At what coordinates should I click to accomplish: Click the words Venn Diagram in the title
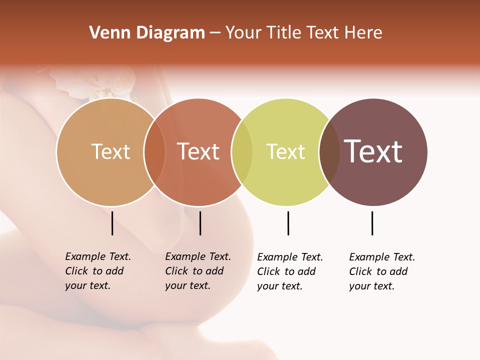point(147,33)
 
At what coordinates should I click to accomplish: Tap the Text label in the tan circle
point(110,151)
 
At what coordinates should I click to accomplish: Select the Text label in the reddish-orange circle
point(198,151)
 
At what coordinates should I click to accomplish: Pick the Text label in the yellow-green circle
point(285,151)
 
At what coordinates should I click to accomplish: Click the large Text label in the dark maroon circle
point(373,151)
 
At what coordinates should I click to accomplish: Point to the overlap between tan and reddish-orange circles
point(154,152)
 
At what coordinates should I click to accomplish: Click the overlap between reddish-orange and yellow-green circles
point(242,152)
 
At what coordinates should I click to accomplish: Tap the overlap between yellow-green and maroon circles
point(329,152)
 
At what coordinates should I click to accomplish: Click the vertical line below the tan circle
point(112,223)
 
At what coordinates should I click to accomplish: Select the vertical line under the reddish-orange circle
point(200,223)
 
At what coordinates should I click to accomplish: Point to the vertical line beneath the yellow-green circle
point(288,223)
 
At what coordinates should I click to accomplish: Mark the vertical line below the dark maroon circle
point(372,223)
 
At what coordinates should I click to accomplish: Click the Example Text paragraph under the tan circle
point(97,271)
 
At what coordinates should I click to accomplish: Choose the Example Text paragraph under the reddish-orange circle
point(197,271)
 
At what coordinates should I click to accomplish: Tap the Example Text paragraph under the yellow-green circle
point(289,271)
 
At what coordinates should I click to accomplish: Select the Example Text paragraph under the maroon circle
point(381,271)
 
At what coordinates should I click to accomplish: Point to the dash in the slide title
point(215,33)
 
